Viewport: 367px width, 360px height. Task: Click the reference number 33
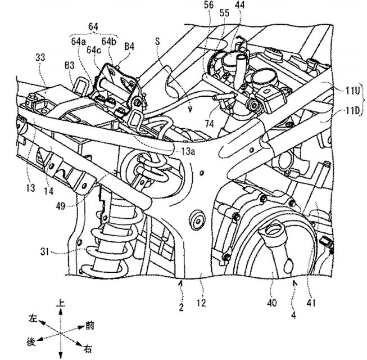[x=40, y=57]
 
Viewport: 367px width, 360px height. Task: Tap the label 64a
[x=79, y=42]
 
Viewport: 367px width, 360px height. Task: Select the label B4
[x=129, y=46]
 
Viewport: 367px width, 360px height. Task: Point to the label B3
[x=70, y=66]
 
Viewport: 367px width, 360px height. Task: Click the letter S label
[x=157, y=41]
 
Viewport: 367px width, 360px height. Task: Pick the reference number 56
[x=209, y=4]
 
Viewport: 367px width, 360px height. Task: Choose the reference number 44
[x=239, y=4]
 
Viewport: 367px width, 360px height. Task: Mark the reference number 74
[x=209, y=123]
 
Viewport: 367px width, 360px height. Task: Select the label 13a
[x=188, y=151]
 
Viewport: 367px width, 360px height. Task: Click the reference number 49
[x=61, y=206]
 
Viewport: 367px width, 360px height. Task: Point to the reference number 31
[x=44, y=252]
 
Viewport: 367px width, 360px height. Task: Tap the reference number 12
[x=201, y=303]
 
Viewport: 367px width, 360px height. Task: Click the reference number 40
[x=272, y=303]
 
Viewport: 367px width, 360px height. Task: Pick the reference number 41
[x=311, y=303]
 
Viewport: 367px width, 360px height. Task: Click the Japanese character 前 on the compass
[x=90, y=326]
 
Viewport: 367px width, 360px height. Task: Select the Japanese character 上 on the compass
[x=61, y=303]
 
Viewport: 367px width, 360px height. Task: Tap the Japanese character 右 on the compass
[x=88, y=349]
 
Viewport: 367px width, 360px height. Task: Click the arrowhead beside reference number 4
[x=295, y=284]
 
